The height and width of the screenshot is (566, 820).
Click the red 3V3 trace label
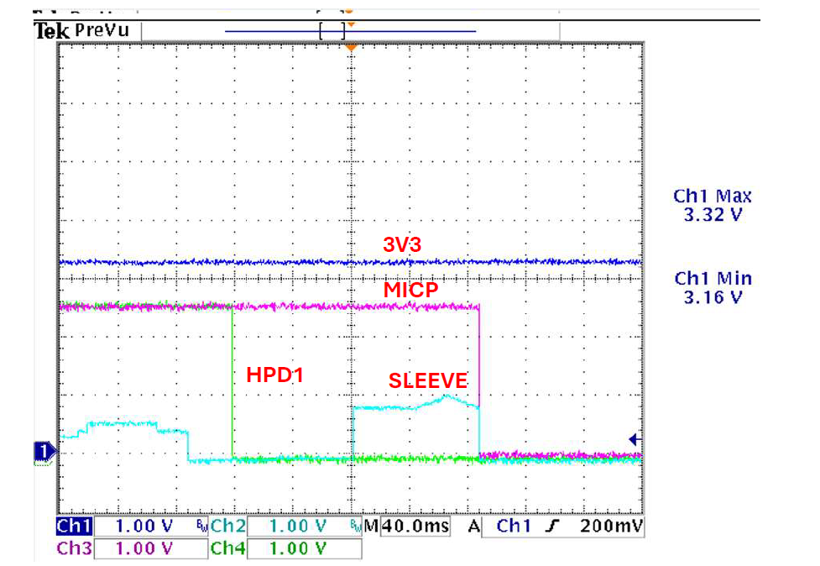(x=401, y=244)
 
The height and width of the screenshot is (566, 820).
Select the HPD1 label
(x=274, y=375)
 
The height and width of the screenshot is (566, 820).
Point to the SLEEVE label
(x=427, y=380)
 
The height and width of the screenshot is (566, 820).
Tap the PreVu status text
(x=103, y=31)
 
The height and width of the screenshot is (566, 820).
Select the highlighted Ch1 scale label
(x=74, y=527)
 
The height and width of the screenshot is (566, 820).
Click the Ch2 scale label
(x=228, y=527)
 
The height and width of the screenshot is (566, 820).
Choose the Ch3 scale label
(x=74, y=548)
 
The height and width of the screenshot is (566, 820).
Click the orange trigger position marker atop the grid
(x=351, y=48)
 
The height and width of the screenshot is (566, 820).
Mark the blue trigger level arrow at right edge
(x=635, y=439)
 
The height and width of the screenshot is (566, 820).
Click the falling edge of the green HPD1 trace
(x=232, y=382)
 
